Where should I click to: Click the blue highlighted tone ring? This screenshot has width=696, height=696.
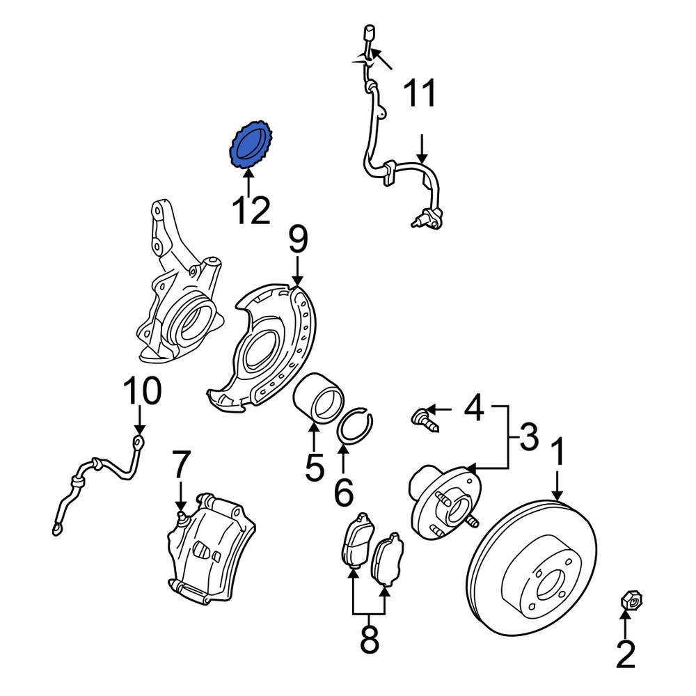[x=250, y=145]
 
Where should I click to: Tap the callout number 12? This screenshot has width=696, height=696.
[x=251, y=210]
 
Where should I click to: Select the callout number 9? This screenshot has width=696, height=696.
[x=298, y=241]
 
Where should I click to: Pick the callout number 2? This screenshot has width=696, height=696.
[x=626, y=654]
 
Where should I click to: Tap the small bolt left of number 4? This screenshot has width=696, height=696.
[x=422, y=418]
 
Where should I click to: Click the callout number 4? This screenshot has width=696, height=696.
[x=474, y=408]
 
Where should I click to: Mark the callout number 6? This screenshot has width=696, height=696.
[x=343, y=492]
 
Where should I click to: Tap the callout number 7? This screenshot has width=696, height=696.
[x=180, y=465]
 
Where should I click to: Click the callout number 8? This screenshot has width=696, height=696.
[x=369, y=640]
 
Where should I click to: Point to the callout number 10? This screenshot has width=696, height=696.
[x=142, y=393]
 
